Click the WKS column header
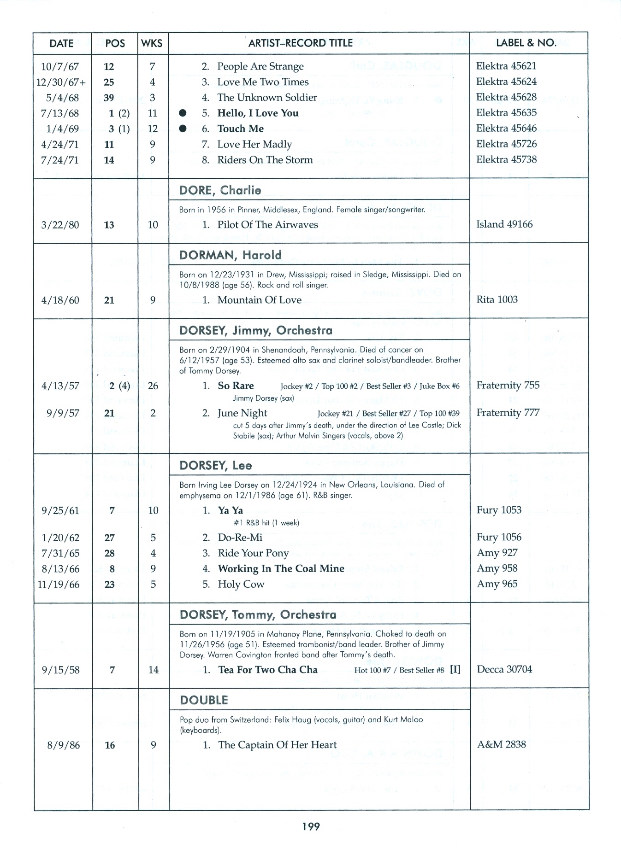coord(152,43)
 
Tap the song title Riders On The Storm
coord(265,160)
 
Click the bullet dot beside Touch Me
coord(183,129)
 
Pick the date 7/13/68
coord(60,113)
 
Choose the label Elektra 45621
coord(506,66)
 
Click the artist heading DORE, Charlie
coord(220,190)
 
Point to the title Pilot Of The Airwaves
coord(267,225)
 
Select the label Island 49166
coord(504,224)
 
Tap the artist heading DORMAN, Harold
coord(230,255)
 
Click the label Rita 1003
coord(497,299)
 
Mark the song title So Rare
coord(236,386)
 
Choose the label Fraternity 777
coord(508,413)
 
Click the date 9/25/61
coord(60,510)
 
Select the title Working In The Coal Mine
coord(281,568)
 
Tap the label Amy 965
coord(497,584)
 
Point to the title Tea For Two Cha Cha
coord(267,670)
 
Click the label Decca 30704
coord(504,669)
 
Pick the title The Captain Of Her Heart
coord(277,745)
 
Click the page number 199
coord(311,826)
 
